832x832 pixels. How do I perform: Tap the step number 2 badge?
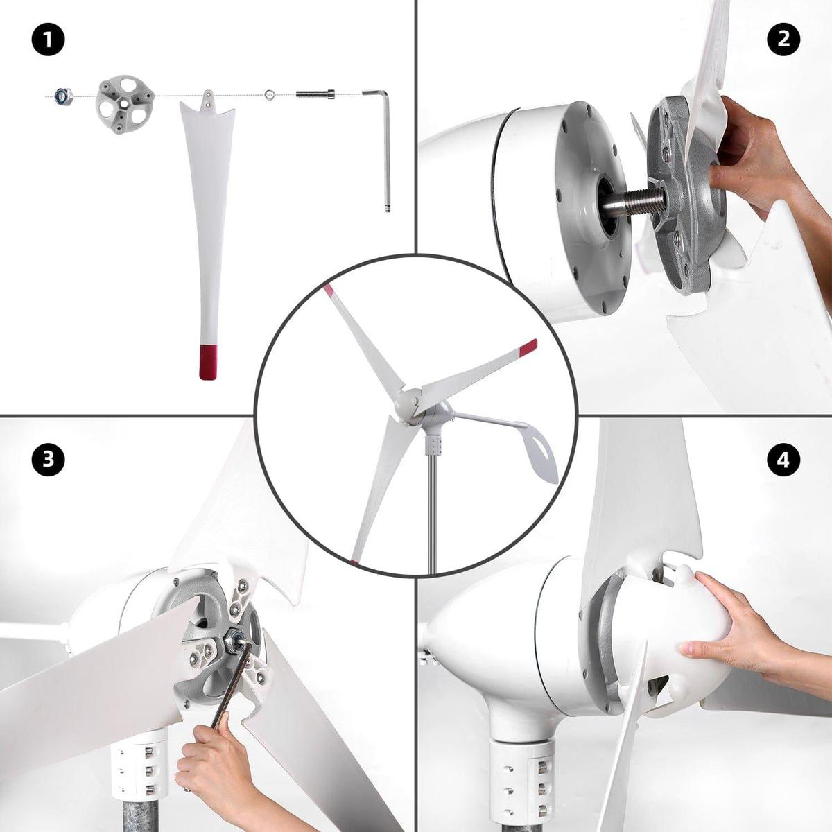tap(783, 40)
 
